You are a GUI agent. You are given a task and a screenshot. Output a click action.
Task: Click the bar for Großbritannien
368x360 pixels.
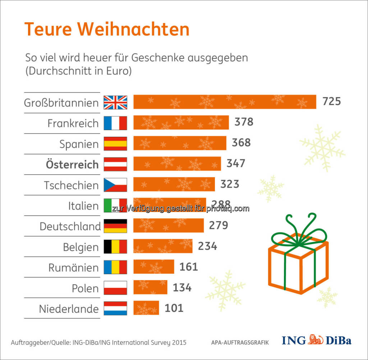[x=225, y=102]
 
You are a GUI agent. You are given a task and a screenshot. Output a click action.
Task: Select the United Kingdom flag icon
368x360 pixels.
[x=115, y=102]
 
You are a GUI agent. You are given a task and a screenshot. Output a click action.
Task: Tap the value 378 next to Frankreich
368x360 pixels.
[x=244, y=122]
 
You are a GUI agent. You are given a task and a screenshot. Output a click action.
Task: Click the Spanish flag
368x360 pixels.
[x=115, y=143]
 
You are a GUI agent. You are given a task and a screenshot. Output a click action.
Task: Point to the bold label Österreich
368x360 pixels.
[x=72, y=164]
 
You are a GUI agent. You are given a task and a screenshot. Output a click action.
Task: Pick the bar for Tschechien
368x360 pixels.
[x=174, y=184]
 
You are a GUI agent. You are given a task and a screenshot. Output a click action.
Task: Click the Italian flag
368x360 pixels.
[x=115, y=205]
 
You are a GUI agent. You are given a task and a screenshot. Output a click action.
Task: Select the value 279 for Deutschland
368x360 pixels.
[x=218, y=225]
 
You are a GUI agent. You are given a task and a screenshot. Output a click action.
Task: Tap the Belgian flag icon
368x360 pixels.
[x=115, y=247]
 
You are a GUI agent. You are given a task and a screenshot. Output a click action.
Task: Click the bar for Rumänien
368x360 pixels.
[x=154, y=267]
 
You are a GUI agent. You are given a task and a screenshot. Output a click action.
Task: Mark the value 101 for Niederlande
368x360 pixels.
[x=174, y=308]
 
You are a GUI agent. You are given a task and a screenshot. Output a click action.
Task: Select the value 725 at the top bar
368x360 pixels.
[x=331, y=102]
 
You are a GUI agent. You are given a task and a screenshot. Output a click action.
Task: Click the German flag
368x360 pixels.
[x=115, y=226]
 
